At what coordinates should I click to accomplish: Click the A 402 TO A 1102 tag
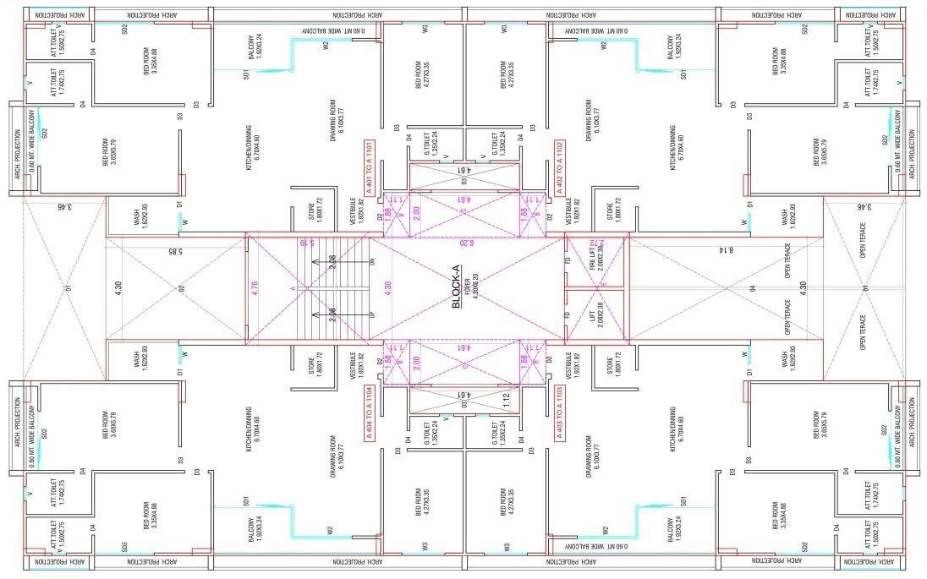559,167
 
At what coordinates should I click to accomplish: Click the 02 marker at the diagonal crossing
181,288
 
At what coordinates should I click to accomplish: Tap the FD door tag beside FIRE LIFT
568,261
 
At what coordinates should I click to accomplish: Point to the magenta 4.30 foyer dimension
387,287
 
